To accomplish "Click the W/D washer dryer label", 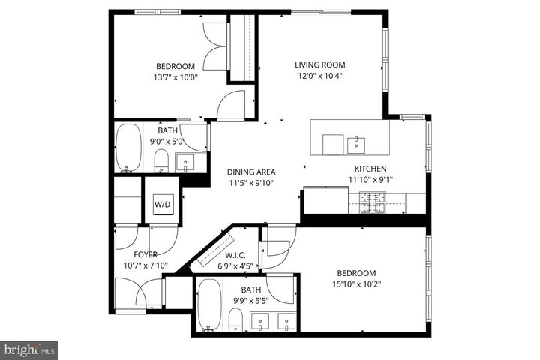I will coord(162,204).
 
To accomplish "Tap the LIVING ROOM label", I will coord(319,64).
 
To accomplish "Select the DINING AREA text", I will coord(252,171).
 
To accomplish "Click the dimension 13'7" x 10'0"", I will coord(175,76).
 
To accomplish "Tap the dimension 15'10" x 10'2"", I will coord(356,283).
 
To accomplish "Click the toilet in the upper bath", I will coord(160,160).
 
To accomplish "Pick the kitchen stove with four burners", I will coord(373,199).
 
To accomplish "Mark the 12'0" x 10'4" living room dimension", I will coord(319,76).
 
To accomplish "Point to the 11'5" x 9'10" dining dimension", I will coord(252,182).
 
